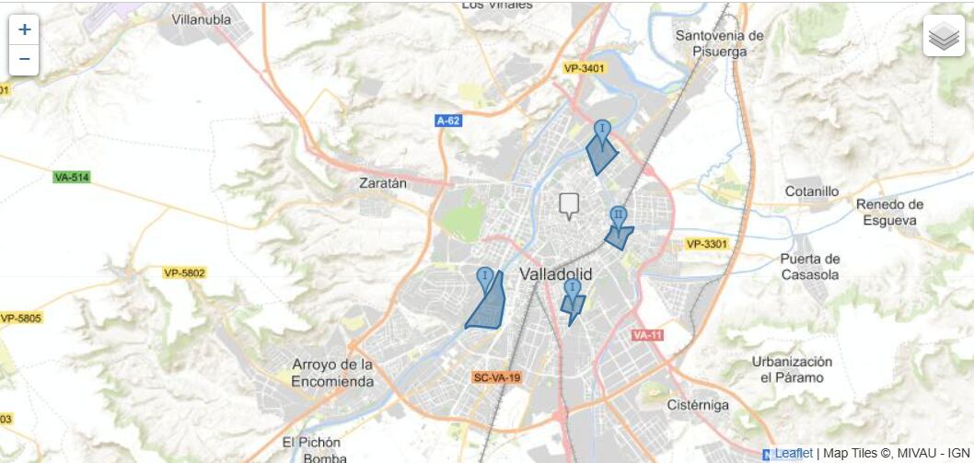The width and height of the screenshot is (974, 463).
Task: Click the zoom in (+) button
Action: (x=24, y=29)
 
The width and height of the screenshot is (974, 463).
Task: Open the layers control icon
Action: (x=944, y=36)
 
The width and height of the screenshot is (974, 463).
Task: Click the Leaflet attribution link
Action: (x=794, y=453)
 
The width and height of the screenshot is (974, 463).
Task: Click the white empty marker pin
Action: (x=570, y=204)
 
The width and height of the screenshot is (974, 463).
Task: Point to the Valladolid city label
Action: (x=556, y=274)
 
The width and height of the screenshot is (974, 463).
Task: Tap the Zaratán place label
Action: (x=382, y=183)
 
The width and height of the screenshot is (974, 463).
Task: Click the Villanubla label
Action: (x=201, y=18)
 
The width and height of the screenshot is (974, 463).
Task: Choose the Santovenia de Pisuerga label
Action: (x=720, y=43)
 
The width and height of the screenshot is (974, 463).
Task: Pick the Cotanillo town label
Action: (x=812, y=191)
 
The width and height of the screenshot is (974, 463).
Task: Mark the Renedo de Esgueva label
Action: (x=888, y=212)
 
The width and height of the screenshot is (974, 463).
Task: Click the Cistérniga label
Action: (x=697, y=405)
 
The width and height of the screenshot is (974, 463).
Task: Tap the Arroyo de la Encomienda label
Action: (x=332, y=373)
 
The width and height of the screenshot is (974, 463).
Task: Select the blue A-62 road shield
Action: (x=448, y=121)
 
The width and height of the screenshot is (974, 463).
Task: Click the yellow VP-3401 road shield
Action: (x=585, y=68)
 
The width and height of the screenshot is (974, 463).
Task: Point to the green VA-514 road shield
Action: (x=72, y=177)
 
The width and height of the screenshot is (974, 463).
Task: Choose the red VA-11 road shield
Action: (x=647, y=335)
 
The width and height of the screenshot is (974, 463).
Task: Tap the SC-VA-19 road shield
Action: (x=497, y=377)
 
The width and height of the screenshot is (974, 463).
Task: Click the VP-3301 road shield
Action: (x=706, y=244)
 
